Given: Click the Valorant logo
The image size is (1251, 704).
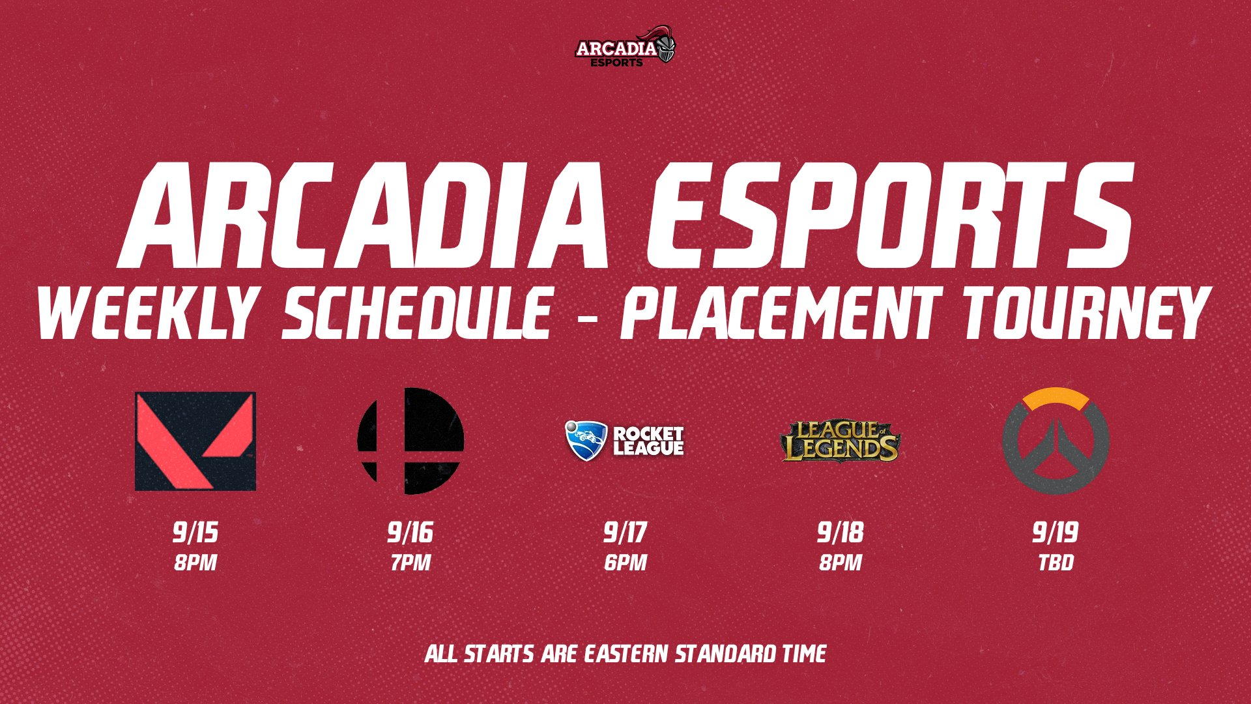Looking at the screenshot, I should click(x=195, y=441).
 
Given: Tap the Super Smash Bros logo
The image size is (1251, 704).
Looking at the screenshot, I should click(x=410, y=441).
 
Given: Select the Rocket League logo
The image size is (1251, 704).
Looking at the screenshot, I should click(x=624, y=441).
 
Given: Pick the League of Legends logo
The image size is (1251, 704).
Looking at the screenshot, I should click(x=840, y=441).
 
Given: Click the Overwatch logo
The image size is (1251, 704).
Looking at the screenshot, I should click(x=1056, y=441).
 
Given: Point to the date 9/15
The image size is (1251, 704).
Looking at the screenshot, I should click(x=195, y=533).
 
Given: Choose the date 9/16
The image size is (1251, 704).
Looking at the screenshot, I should click(x=410, y=533).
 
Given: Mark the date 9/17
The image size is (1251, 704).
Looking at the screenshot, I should click(x=625, y=533).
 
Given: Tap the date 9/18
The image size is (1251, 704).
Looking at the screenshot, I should click(x=840, y=533).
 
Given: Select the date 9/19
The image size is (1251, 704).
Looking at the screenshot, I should click(x=1055, y=533).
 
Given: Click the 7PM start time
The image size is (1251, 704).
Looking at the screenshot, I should click(x=410, y=563).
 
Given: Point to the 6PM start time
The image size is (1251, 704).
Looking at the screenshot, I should click(x=625, y=563).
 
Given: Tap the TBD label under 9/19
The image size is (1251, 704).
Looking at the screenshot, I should click(x=1056, y=563).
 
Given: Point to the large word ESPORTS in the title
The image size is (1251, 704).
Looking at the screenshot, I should click(x=889, y=215).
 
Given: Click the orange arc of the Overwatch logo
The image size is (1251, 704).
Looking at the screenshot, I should click(x=1056, y=398).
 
